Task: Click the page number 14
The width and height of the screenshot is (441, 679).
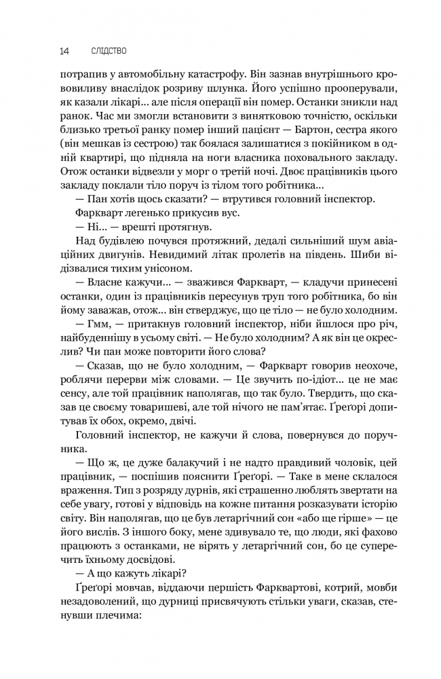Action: pyautogui.click(x=64, y=50)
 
